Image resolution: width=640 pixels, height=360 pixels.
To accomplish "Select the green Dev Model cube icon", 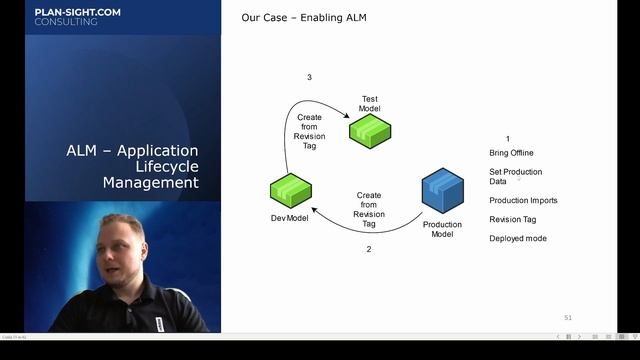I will (x=291, y=189).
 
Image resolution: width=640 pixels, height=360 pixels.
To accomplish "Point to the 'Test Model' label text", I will (x=370, y=104).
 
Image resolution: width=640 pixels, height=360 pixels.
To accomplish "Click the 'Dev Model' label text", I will (x=290, y=218).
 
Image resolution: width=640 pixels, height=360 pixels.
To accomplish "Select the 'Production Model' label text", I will (x=442, y=229).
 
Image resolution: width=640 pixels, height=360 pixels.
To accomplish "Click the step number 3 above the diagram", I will (x=309, y=77).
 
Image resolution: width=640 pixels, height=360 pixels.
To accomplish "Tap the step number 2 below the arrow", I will (x=369, y=249).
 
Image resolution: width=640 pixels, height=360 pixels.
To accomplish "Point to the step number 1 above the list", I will (x=508, y=139).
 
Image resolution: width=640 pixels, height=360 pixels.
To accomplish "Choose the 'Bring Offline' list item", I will (x=511, y=153).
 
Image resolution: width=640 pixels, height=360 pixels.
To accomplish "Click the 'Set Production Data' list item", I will (x=515, y=176).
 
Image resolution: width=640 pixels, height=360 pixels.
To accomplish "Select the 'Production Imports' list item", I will (x=523, y=200).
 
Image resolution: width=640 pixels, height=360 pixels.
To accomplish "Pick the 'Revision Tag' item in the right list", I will (x=512, y=219).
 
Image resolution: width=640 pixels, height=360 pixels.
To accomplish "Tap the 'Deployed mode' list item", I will (x=517, y=238).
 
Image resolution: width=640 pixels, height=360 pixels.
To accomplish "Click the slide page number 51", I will (x=568, y=317).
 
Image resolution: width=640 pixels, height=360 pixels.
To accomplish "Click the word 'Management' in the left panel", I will (x=150, y=183).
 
